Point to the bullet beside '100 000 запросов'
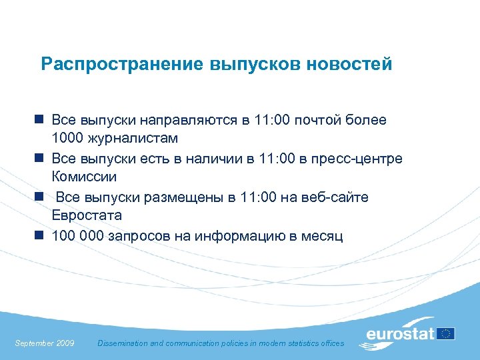40,235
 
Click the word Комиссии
84,177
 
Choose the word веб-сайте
335,197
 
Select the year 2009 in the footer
65,343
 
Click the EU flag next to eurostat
445,333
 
